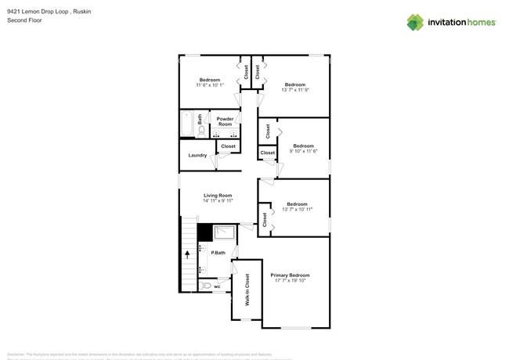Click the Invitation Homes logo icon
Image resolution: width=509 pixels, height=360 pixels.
click(415, 22)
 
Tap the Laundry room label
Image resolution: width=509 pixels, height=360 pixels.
click(197, 155)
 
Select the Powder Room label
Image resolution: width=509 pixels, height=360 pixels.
click(225, 122)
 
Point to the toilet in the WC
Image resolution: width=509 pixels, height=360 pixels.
click(206, 286)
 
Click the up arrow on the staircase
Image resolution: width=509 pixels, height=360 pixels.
click(187, 254)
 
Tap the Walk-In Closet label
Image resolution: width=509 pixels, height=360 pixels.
click(247, 289)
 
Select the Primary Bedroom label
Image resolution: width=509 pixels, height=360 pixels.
click(290, 275)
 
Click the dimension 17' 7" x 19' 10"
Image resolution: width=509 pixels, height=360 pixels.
click(290, 280)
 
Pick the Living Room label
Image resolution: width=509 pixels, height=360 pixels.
click(218, 195)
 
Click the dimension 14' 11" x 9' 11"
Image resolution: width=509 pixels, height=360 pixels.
click(218, 200)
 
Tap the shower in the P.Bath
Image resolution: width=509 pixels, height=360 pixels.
click(224, 232)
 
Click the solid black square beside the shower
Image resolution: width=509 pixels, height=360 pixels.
click(204, 232)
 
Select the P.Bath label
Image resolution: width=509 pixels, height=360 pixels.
click(218, 252)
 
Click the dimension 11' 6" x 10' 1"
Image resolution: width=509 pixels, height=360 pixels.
click(209, 85)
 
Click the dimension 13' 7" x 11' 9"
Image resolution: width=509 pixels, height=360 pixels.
click(294, 89)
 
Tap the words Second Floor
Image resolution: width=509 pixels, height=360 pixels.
click(23, 20)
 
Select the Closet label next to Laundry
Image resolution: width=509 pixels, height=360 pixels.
click(229, 146)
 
